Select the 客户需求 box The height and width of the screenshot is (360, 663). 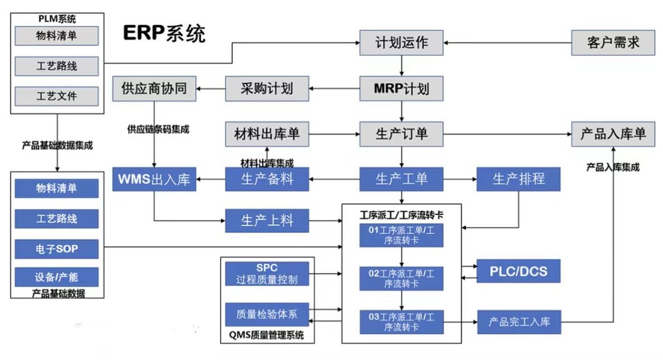pyautogui.click(x=613, y=43)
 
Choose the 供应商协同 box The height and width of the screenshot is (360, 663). pyautogui.click(x=154, y=89)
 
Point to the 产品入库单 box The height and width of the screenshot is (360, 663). pyautogui.click(x=613, y=134)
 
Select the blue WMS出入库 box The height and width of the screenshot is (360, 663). pyautogui.click(x=154, y=179)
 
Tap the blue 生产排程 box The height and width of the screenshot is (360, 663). pyautogui.click(x=518, y=179)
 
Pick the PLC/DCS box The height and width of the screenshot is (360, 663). pyautogui.click(x=518, y=271)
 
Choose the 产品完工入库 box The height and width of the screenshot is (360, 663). pyautogui.click(x=518, y=322)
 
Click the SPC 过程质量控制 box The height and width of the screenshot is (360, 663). pyautogui.click(x=267, y=274)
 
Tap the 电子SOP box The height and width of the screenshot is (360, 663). pyautogui.click(x=56, y=249)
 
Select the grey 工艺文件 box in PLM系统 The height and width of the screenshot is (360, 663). pyautogui.click(x=56, y=96)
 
